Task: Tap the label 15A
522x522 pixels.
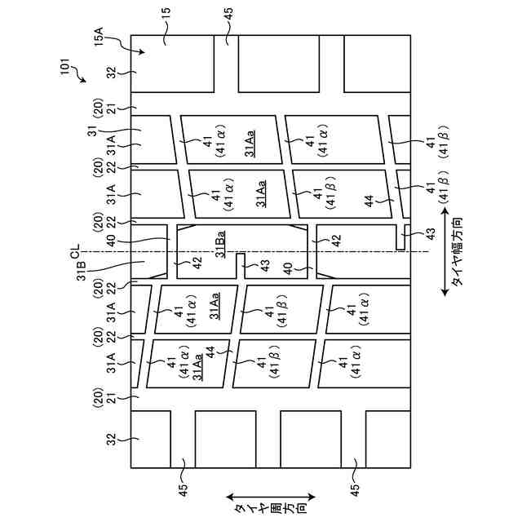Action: (x=99, y=37)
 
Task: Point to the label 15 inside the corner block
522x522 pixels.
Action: (x=165, y=37)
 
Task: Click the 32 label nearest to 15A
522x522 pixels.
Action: (x=112, y=72)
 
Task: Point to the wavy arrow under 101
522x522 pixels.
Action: (x=81, y=77)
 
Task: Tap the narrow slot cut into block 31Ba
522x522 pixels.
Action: (x=241, y=266)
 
